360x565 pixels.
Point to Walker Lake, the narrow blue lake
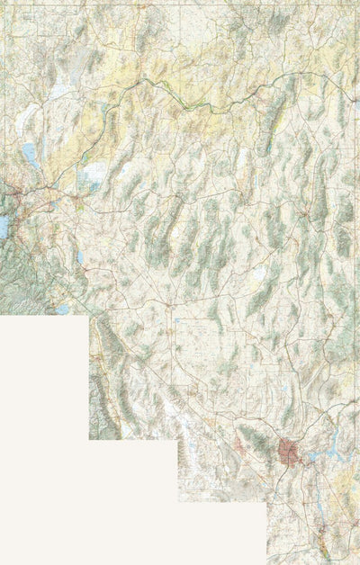80,257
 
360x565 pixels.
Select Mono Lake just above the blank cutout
63,309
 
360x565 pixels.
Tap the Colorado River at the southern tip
323,549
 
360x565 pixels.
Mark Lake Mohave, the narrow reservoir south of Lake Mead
320,504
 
